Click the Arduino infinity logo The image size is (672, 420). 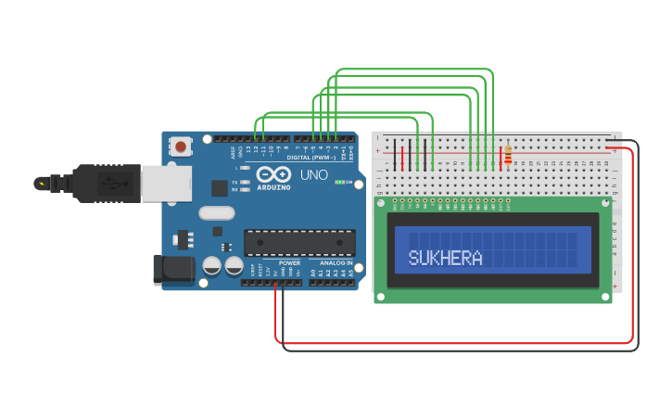273,174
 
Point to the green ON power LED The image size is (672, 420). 338,182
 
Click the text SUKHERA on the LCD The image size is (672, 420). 446,258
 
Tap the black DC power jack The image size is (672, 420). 173,269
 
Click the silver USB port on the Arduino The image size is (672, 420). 166,182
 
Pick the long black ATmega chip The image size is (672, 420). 299,243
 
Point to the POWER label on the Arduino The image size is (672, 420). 289,263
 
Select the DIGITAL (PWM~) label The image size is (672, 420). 311,158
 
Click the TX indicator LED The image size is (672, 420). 246,182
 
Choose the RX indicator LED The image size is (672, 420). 246,189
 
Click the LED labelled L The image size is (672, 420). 246,167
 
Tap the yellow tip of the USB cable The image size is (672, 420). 40,183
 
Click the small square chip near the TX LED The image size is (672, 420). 220,188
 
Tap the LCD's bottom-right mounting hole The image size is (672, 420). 606,298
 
